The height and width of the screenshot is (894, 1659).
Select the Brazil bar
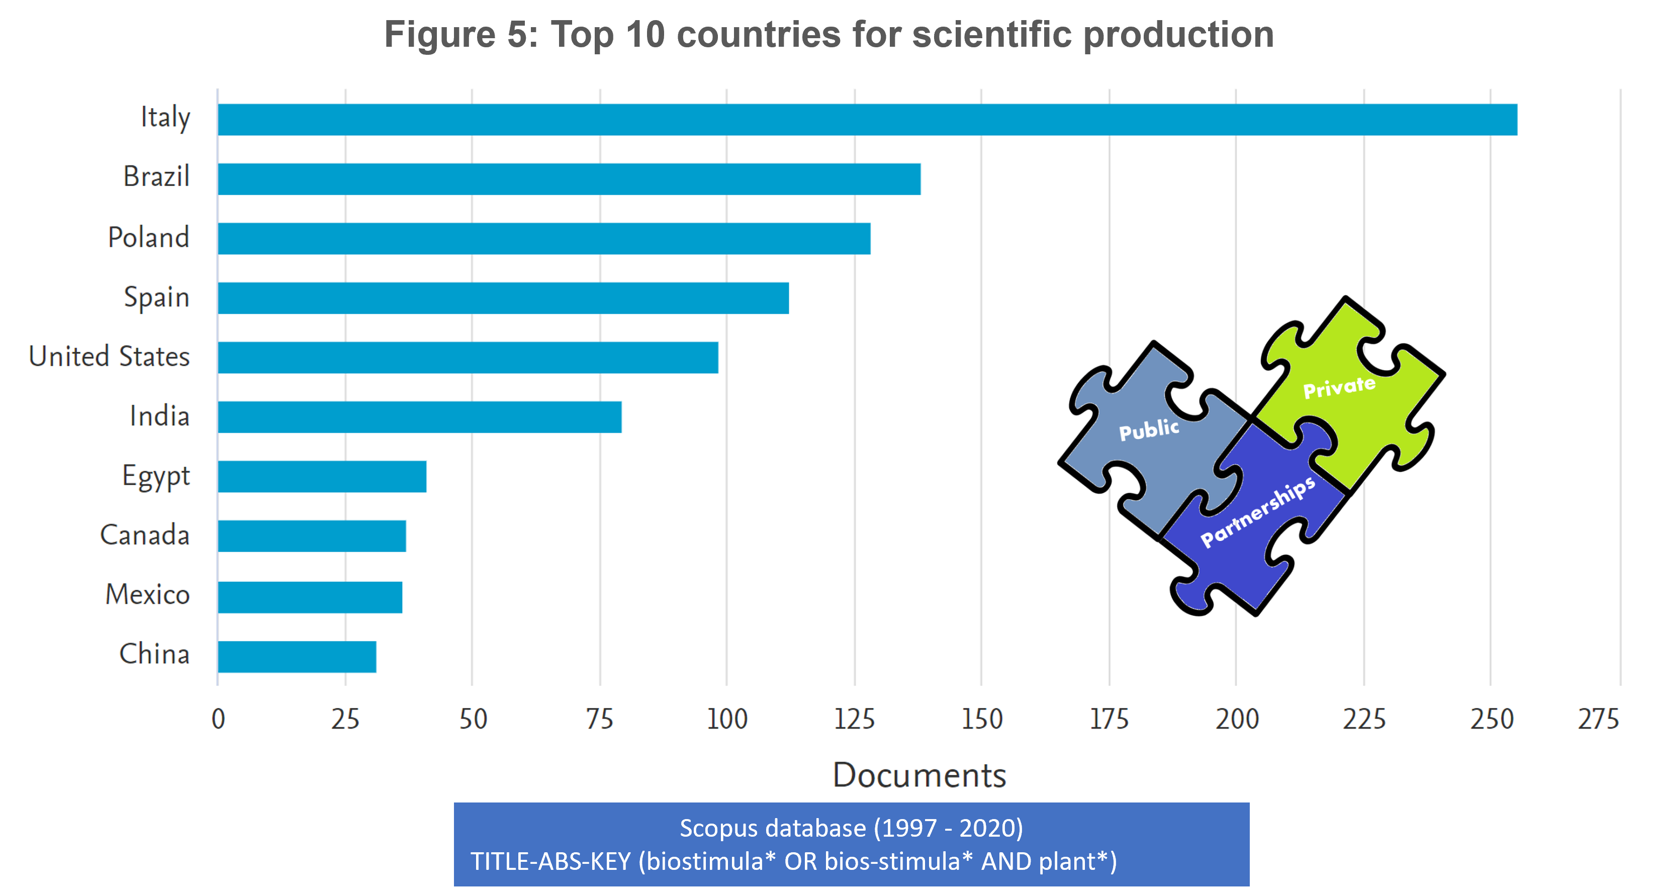tap(569, 179)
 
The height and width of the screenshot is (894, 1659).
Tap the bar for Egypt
tap(322, 477)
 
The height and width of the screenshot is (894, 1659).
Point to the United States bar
tap(468, 357)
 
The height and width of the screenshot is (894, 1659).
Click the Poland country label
tap(148, 237)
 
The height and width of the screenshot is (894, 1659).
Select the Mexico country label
tap(147, 594)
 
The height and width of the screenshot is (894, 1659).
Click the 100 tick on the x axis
tap(726, 719)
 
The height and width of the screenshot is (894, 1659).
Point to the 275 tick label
tap(1598, 719)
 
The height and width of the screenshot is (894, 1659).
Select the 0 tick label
tap(218, 719)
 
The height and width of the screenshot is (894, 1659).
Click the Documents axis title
tap(919, 775)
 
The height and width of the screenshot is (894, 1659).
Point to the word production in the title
tap(1178, 34)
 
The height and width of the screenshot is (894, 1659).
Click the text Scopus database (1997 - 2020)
tap(852, 828)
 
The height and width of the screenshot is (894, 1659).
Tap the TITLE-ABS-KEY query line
tap(793, 861)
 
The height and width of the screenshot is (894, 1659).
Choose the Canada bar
tap(312, 536)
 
